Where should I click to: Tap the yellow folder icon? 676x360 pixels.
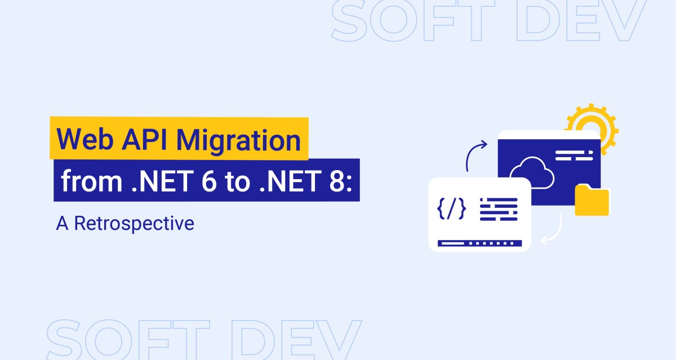click(x=591, y=200)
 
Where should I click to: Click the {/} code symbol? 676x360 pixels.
click(x=452, y=209)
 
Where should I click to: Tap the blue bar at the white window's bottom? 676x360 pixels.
click(x=480, y=243)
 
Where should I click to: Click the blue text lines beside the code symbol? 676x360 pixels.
click(x=498, y=209)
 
